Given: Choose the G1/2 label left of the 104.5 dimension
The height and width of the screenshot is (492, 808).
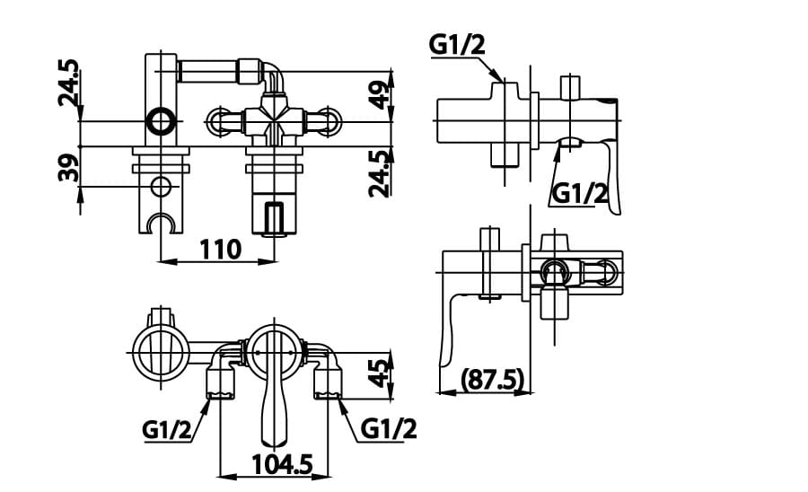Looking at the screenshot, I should (x=167, y=430).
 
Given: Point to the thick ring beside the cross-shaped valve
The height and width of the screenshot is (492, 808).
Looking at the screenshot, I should (x=162, y=120).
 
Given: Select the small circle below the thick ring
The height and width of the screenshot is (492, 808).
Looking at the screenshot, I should (x=162, y=186).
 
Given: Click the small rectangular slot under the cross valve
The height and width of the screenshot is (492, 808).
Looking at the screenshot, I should (x=275, y=216).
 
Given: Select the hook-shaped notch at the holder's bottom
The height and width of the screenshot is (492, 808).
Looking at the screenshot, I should (x=162, y=223).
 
